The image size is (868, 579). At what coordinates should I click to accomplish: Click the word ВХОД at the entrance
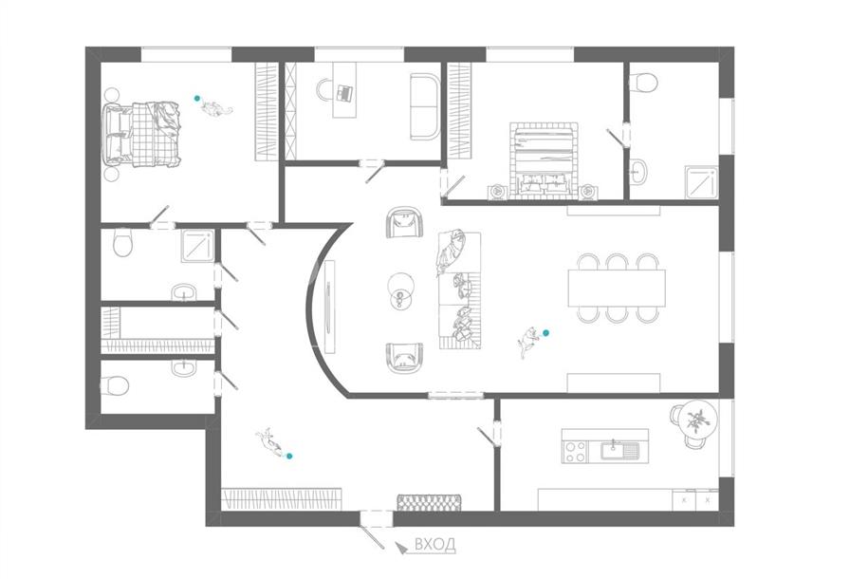coord(435,544)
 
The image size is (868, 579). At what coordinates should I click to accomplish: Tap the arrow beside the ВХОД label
coord(400,547)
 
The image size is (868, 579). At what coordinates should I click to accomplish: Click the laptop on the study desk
coord(344,92)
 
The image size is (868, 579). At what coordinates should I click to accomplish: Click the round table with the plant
coord(698,420)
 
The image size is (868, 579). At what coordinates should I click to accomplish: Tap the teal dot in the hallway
coord(289,456)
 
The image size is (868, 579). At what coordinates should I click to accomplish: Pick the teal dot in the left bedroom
coord(196,98)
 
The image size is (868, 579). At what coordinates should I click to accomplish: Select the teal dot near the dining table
coord(545,332)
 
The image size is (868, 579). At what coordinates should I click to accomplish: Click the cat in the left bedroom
coord(215,107)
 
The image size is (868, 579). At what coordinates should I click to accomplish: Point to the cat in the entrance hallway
coord(270,442)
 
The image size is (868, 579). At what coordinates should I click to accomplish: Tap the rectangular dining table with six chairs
coord(617,288)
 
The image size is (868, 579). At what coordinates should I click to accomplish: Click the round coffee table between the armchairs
coord(400,286)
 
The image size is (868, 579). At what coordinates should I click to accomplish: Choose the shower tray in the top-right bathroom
coord(701,181)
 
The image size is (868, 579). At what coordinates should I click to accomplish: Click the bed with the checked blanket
coord(142,134)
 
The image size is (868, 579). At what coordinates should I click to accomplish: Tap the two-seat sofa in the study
coord(425,106)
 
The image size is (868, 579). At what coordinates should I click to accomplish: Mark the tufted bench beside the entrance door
coord(430,503)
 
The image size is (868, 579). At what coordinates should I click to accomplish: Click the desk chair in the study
coord(325,90)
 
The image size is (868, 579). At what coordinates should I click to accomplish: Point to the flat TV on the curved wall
coord(330,307)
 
